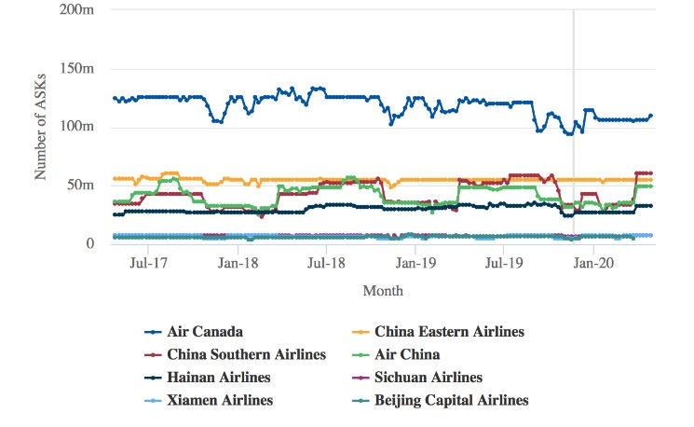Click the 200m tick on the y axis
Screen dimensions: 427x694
coord(81,9)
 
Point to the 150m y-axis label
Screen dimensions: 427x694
coord(81,68)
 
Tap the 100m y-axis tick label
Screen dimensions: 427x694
coord(81,127)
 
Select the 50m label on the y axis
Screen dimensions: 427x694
coord(85,186)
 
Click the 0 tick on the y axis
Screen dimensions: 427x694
coord(90,244)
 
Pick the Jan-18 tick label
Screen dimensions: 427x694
coord(238,264)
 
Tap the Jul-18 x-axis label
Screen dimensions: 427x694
coord(327,264)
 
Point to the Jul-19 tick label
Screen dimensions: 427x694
coord(504,264)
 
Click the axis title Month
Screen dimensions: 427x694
coord(383,291)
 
